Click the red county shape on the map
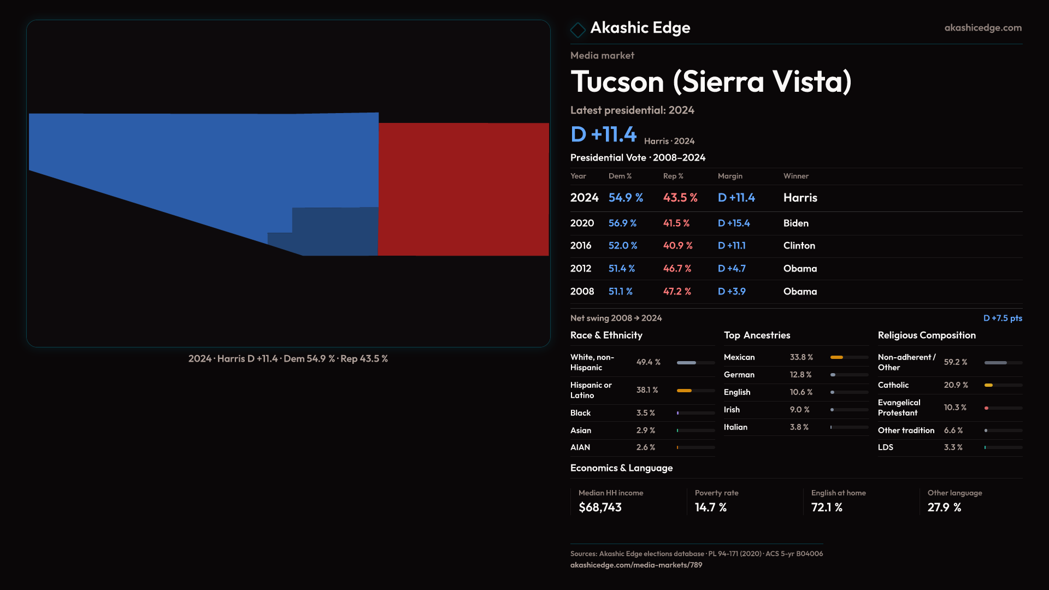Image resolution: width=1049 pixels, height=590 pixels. (x=463, y=189)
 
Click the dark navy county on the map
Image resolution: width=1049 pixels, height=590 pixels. (x=333, y=232)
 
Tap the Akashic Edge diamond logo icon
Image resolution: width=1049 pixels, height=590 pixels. (x=577, y=29)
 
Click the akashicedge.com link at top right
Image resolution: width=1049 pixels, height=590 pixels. (x=982, y=28)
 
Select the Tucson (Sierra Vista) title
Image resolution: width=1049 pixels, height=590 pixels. (x=711, y=82)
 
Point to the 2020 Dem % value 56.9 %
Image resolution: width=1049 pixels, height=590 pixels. (x=622, y=223)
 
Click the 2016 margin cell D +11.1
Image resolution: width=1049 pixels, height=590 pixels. (x=731, y=246)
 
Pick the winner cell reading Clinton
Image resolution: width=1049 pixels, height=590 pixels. (x=799, y=246)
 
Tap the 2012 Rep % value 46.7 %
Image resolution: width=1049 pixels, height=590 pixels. (x=677, y=269)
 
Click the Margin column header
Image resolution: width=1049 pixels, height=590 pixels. (x=730, y=176)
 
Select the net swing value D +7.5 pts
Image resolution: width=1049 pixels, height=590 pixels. (x=1002, y=318)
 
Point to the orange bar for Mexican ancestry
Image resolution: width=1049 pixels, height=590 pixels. (x=836, y=357)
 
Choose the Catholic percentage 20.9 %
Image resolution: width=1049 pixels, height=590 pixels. (x=956, y=385)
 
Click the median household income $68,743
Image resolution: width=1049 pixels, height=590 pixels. (x=600, y=508)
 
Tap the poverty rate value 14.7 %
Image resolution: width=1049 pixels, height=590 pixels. (x=710, y=508)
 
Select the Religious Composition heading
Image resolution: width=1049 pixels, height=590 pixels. (x=926, y=335)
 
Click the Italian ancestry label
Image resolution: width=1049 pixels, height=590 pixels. (x=735, y=427)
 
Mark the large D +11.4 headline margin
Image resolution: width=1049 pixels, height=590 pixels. (x=603, y=134)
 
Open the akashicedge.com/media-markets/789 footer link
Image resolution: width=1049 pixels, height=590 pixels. (x=636, y=565)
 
